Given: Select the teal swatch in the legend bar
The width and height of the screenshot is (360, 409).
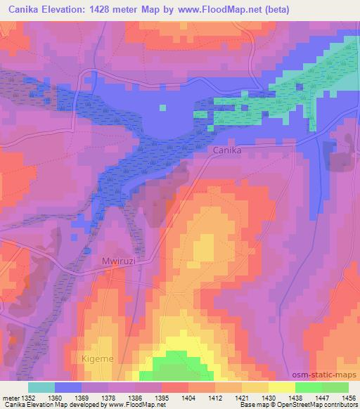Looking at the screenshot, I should (x=41, y=387).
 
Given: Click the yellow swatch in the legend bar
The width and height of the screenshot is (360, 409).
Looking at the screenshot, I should (x=281, y=387).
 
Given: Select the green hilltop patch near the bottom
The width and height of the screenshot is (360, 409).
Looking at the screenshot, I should (x=180, y=367).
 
